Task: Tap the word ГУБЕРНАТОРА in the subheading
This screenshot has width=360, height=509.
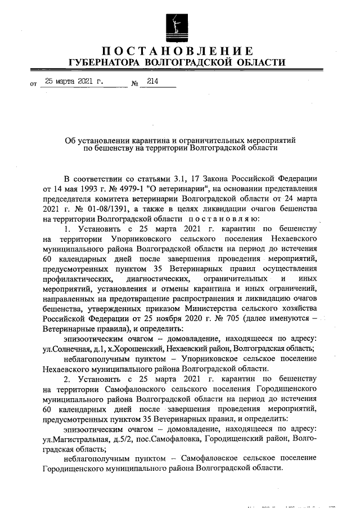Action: (x=103, y=62)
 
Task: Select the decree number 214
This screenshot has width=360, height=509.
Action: (x=152, y=81)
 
